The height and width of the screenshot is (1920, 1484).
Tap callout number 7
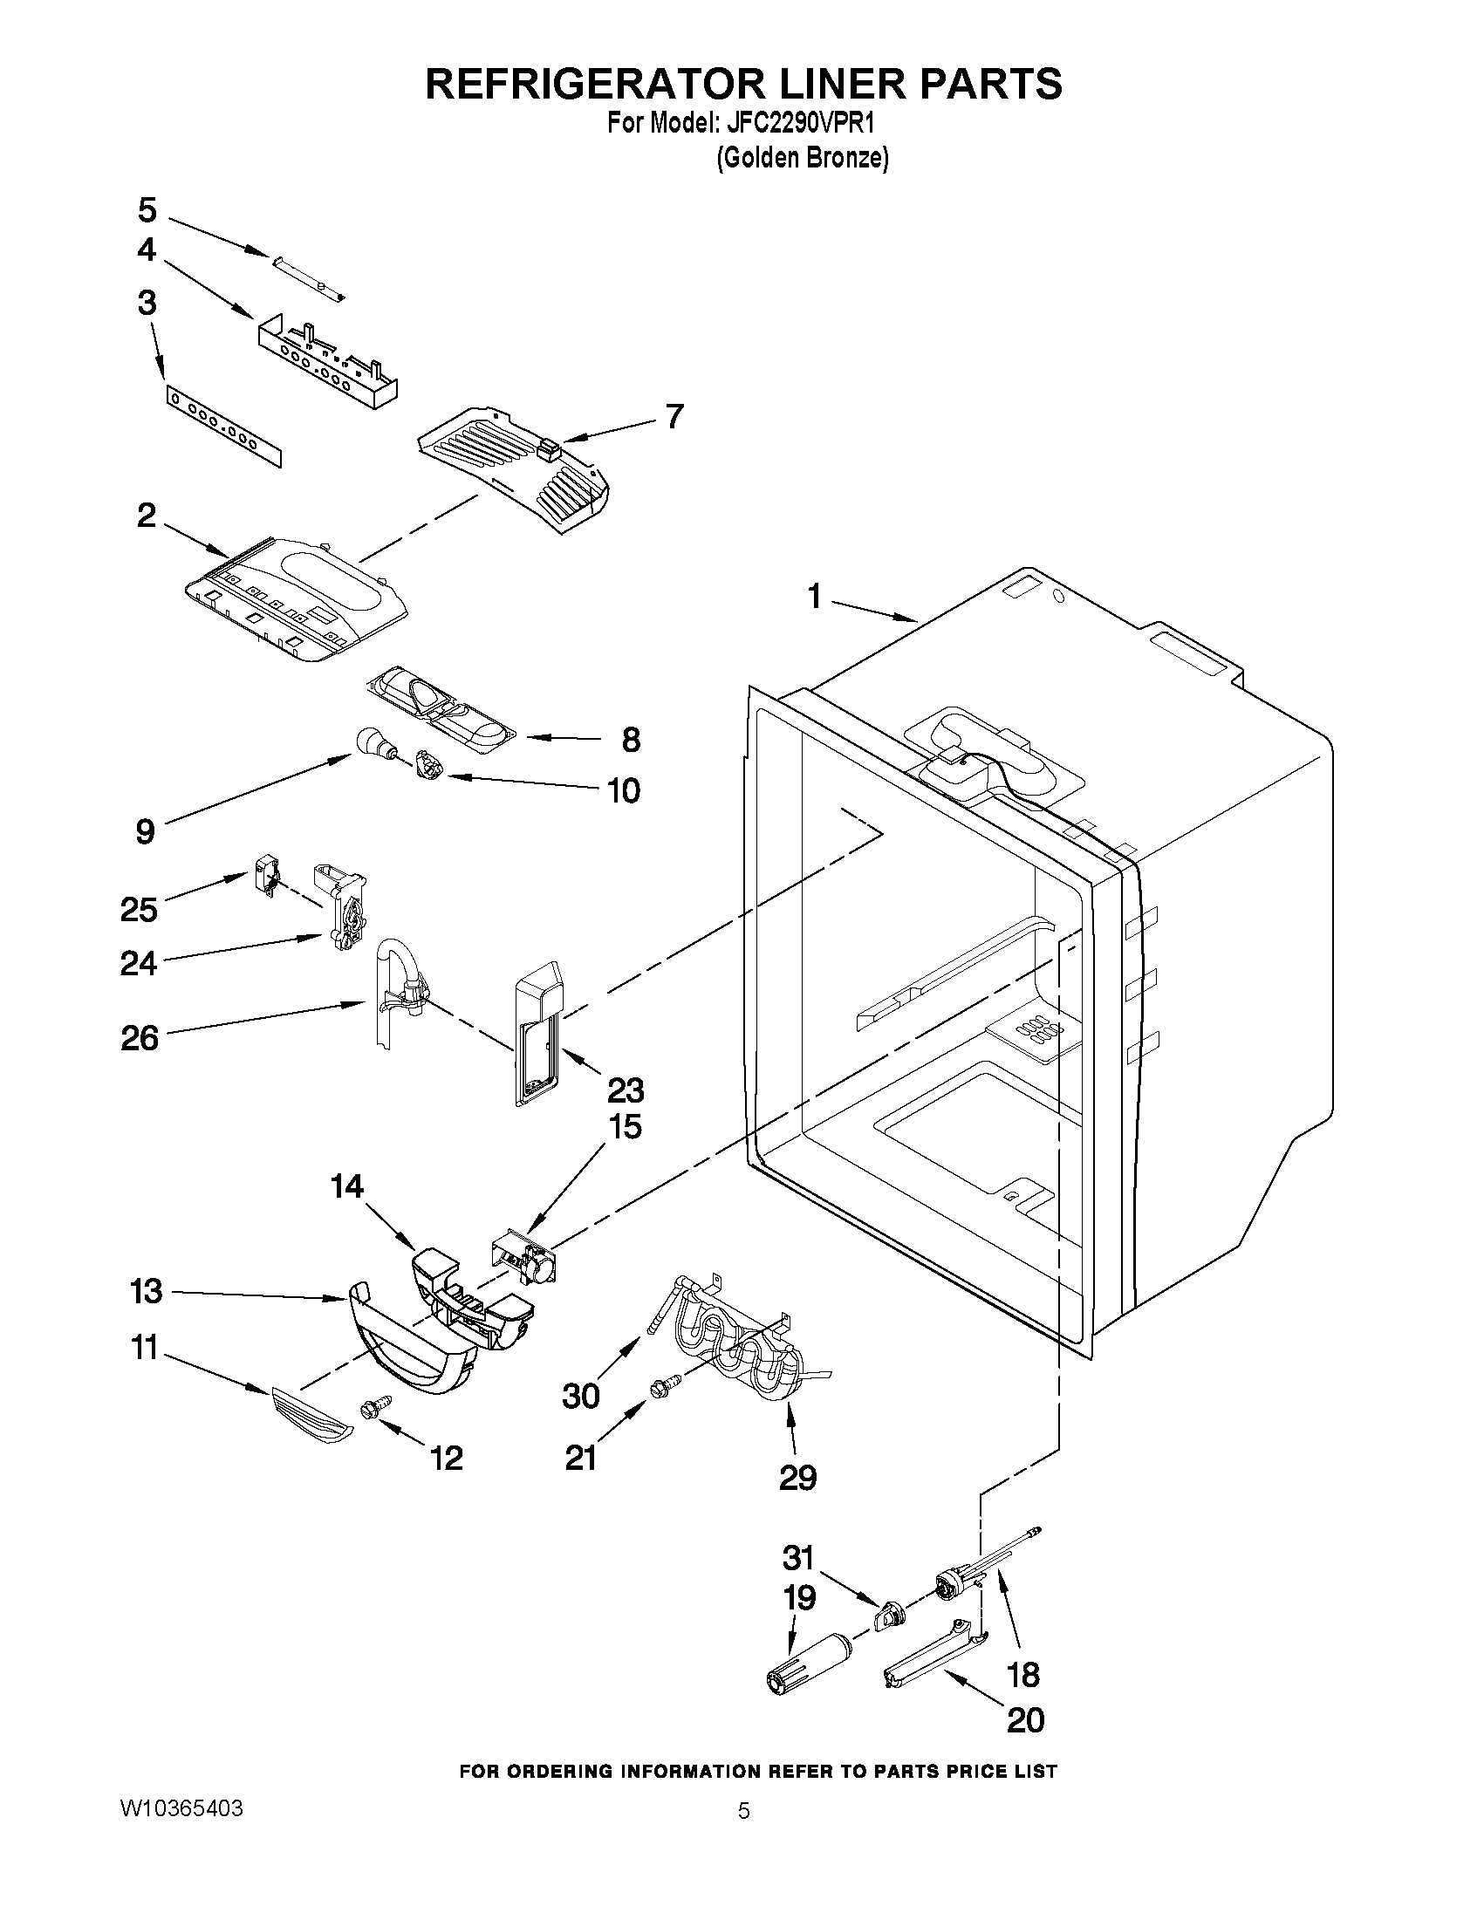(674, 416)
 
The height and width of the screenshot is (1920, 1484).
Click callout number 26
(140, 1038)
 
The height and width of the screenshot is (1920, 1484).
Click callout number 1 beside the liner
(814, 597)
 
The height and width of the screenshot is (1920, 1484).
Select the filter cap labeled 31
(890, 1615)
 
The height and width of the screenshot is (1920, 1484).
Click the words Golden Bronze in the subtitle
(803, 158)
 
